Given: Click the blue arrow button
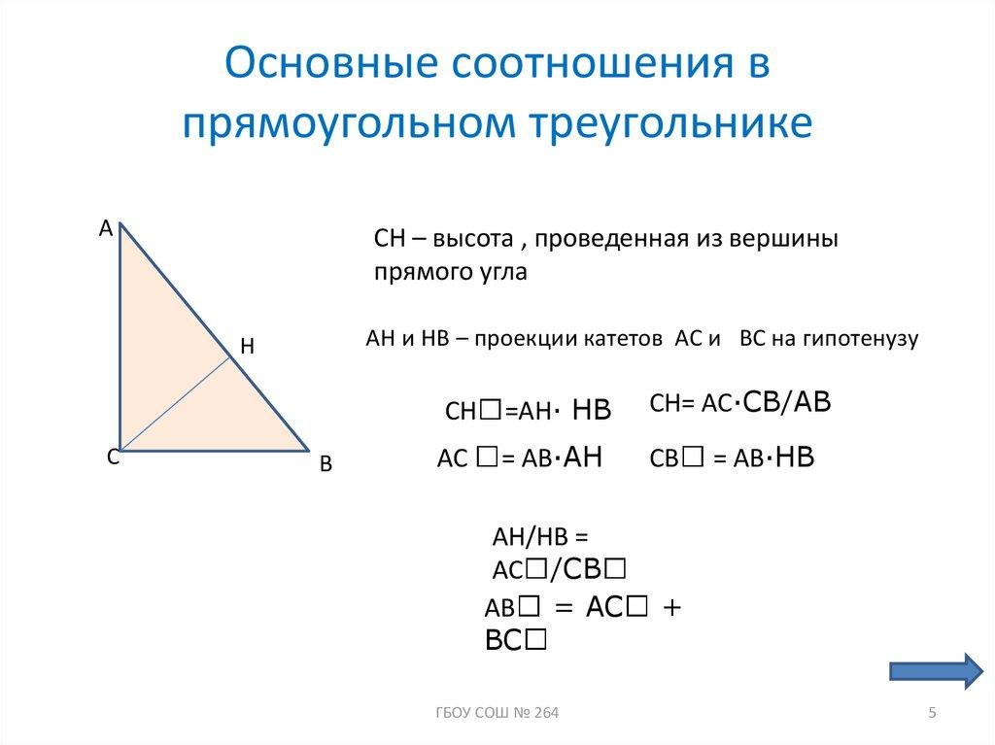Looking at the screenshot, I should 937,671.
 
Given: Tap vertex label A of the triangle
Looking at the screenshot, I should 106,228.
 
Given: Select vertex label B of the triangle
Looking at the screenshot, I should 326,465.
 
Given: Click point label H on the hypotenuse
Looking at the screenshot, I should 246,345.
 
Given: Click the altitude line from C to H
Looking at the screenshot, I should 175,403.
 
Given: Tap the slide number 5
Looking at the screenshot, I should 933,715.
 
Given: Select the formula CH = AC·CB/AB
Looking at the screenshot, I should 741,406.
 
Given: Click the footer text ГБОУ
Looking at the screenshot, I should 451,715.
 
